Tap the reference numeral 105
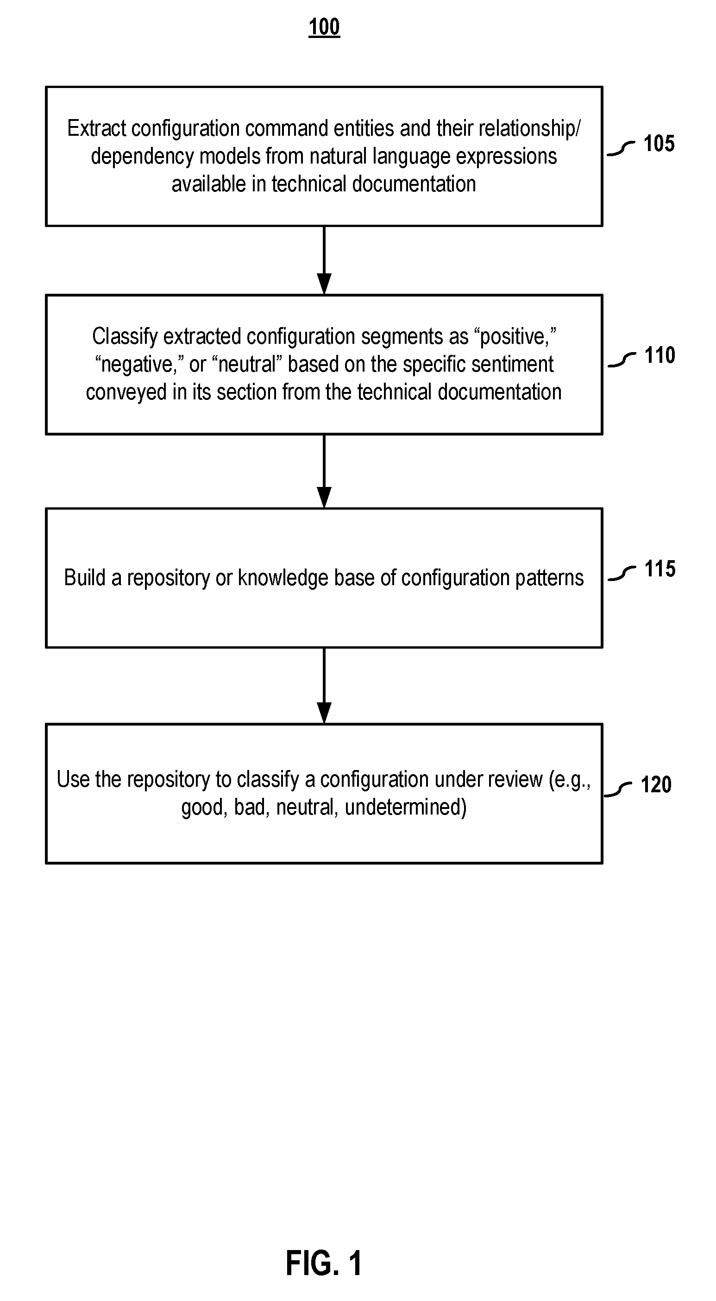pos(659,144)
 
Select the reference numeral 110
pos(659,355)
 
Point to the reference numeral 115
pos(659,568)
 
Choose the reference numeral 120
pos(656,784)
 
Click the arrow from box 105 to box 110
pos(324,260)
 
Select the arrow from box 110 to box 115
pos(324,471)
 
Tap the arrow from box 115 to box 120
pos(324,685)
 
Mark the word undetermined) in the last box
pos(405,807)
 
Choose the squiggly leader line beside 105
pos(621,148)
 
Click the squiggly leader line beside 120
pos(618,789)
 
